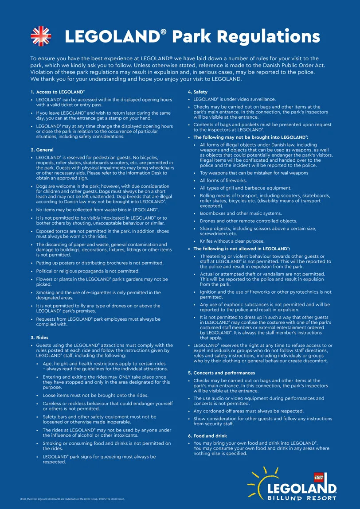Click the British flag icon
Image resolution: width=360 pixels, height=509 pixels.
(x=41, y=36)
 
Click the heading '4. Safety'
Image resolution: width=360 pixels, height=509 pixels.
(x=198, y=92)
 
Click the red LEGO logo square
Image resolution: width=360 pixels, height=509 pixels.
(x=319, y=477)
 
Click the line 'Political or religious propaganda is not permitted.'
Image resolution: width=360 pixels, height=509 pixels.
(x=88, y=271)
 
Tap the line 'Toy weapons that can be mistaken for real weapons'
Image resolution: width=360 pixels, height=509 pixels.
(x=254, y=173)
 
